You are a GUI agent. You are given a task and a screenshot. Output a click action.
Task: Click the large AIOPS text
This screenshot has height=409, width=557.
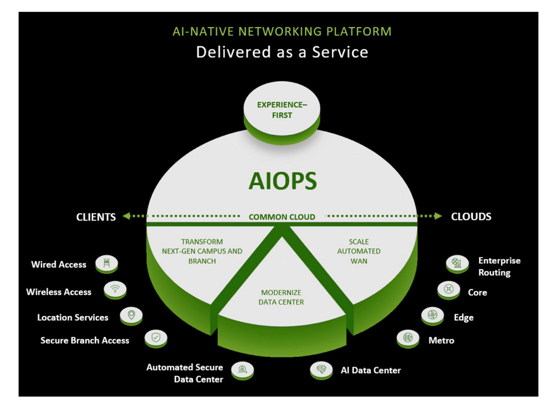(282, 181)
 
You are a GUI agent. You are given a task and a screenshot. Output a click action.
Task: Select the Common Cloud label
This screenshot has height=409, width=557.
(282, 217)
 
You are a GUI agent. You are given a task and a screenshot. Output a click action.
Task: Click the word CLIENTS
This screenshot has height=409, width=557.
(96, 217)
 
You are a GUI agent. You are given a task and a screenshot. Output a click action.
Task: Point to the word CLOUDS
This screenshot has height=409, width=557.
(471, 216)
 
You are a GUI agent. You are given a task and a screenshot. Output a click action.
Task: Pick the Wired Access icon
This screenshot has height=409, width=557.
(107, 264)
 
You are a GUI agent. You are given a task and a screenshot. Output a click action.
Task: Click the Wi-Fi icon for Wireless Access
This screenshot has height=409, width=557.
(115, 289)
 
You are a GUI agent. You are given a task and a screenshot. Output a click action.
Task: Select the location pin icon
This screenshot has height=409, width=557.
(131, 315)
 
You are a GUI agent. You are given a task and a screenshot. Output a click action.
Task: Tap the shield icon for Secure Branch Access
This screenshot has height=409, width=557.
(156, 338)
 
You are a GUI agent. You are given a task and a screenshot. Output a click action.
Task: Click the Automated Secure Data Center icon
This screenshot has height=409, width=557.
(242, 370)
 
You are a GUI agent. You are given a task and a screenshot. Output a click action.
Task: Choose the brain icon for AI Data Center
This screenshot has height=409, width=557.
(321, 369)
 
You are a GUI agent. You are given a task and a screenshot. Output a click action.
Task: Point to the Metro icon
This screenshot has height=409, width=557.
(408, 338)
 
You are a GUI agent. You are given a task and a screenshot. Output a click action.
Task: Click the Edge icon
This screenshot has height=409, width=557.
(433, 315)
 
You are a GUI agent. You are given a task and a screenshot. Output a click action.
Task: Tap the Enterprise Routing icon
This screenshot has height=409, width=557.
(457, 263)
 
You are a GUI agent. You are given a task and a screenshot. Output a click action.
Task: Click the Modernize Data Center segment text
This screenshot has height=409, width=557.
(281, 297)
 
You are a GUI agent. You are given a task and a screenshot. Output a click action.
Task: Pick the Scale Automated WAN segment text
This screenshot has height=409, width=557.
(359, 251)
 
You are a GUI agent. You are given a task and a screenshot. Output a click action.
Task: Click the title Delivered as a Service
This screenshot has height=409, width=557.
(282, 52)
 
